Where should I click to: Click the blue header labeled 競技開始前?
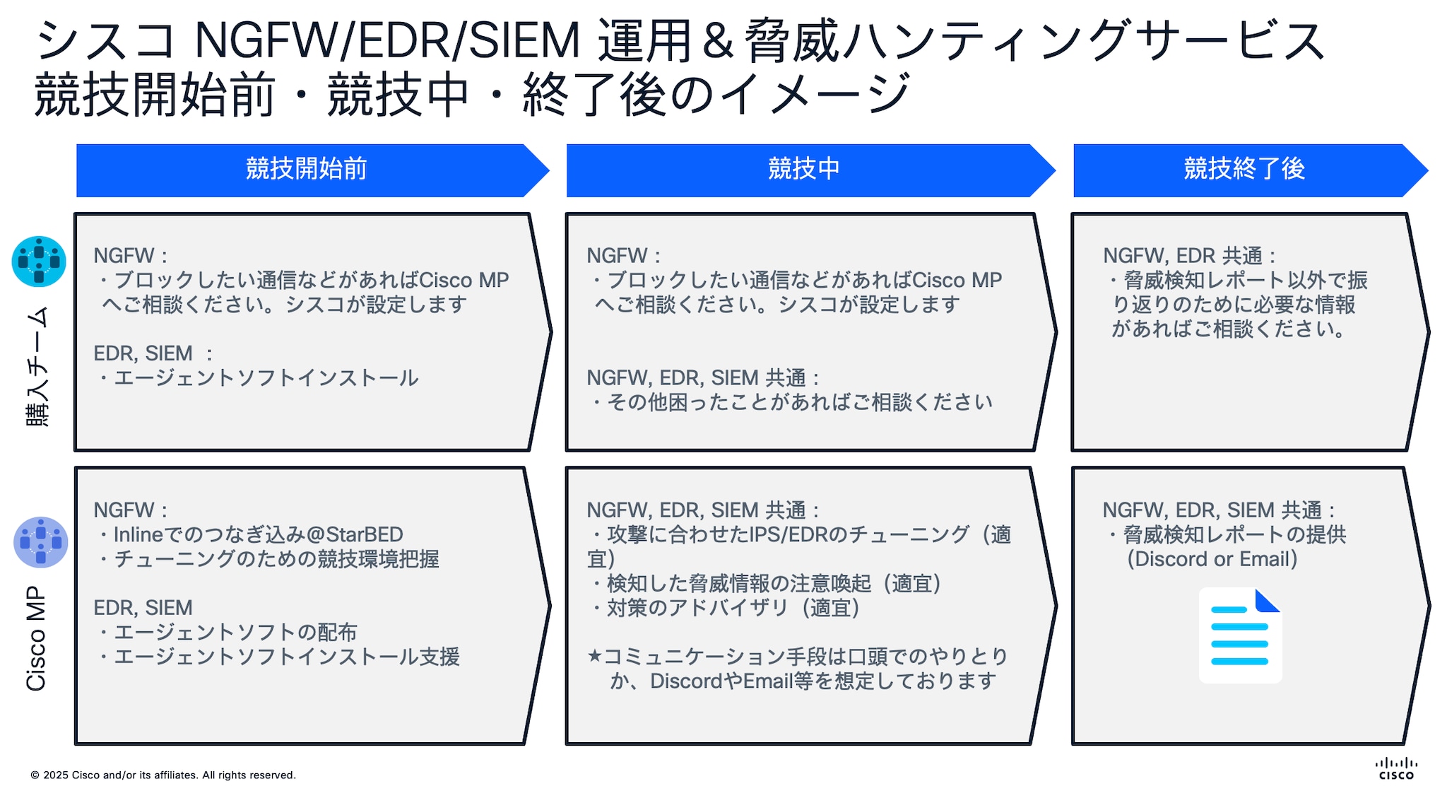[306, 170]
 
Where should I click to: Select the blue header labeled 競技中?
[803, 170]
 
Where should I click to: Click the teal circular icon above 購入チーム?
[39, 262]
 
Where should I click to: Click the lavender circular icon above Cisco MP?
[40, 542]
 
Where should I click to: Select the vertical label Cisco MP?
[36, 638]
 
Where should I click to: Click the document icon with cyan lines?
[1240, 635]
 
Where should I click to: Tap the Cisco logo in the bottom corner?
[1396, 768]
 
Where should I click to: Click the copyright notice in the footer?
[163, 775]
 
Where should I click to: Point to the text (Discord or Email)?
[1212, 559]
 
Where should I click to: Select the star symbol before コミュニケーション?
[594, 656]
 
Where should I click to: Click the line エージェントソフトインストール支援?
[286, 657]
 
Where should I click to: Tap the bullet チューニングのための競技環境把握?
[276, 559]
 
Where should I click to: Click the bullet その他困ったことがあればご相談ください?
[798, 402]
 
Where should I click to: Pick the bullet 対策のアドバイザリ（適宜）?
[732, 608]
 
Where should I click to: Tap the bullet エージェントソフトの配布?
[235, 632]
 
